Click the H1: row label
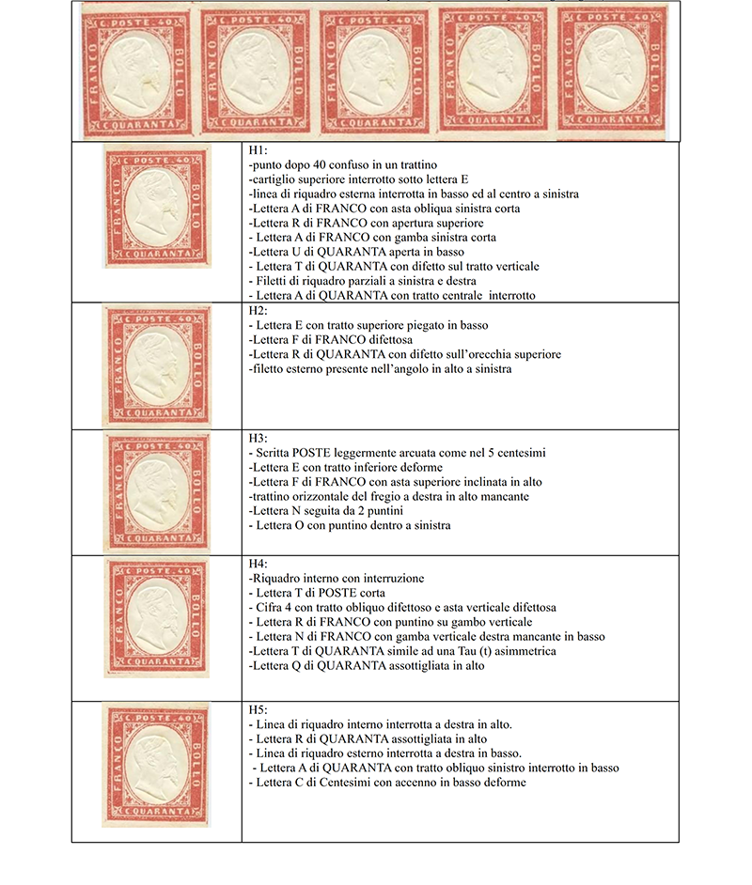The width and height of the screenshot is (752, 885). pyautogui.click(x=258, y=150)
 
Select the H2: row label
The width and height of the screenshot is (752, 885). pyautogui.click(x=258, y=310)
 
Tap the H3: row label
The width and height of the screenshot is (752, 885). pyautogui.click(x=258, y=438)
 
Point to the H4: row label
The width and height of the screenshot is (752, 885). pyautogui.click(x=258, y=564)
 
